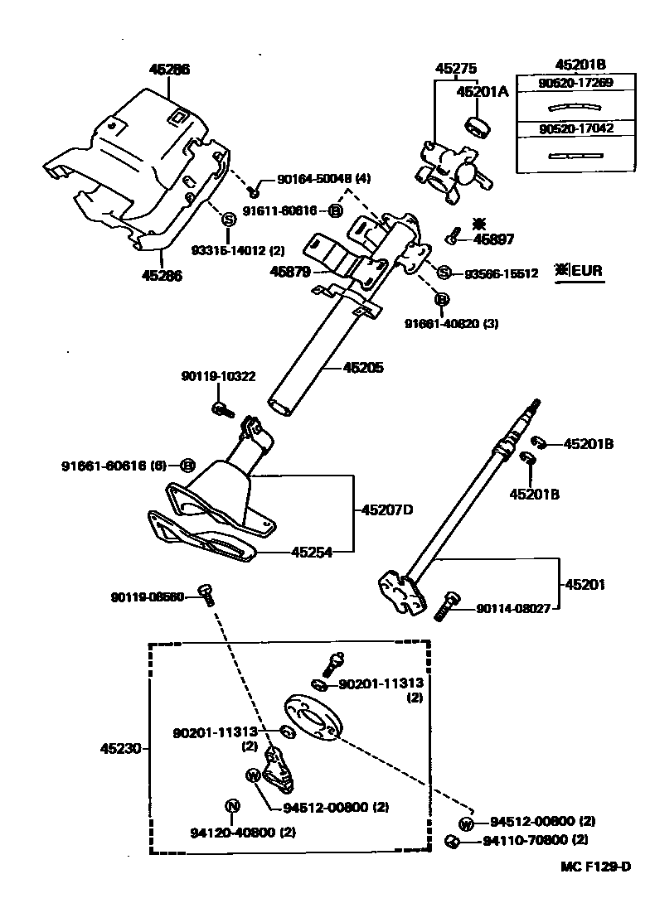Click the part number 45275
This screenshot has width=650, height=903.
[458, 70]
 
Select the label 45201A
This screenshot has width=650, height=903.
[482, 92]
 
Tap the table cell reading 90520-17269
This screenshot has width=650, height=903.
[575, 85]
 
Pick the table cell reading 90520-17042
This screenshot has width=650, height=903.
[575, 129]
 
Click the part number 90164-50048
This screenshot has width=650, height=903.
[306, 178]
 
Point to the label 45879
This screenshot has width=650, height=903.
[289, 271]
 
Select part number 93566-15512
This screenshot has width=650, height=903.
[501, 273]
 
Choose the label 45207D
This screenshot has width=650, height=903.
[386, 509]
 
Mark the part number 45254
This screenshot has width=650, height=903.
[311, 552]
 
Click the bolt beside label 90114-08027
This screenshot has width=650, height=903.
[446, 606]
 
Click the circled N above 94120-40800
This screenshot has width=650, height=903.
[232, 806]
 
